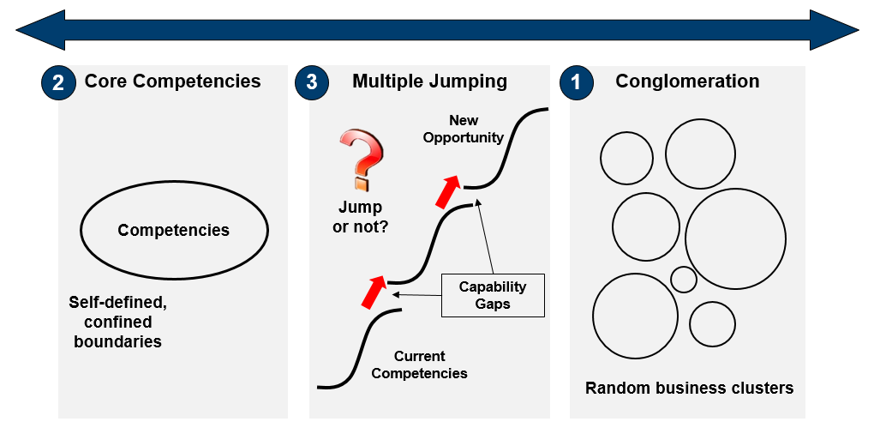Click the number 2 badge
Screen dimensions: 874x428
click(58, 83)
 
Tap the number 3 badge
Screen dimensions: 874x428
click(312, 82)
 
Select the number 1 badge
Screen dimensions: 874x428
click(576, 83)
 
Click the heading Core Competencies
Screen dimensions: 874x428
click(172, 81)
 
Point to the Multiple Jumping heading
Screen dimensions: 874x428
click(430, 82)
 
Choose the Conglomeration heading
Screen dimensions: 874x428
click(687, 81)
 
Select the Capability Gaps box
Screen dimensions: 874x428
click(493, 295)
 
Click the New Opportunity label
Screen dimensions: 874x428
click(464, 129)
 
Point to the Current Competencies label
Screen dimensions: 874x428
click(419, 365)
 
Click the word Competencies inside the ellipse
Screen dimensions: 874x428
click(173, 230)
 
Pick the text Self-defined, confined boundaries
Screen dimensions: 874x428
click(117, 322)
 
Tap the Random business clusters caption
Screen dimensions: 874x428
click(689, 388)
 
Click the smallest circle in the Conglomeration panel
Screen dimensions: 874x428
click(684, 280)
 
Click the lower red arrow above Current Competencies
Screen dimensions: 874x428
click(374, 292)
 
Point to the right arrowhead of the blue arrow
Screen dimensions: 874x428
click(834, 30)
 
